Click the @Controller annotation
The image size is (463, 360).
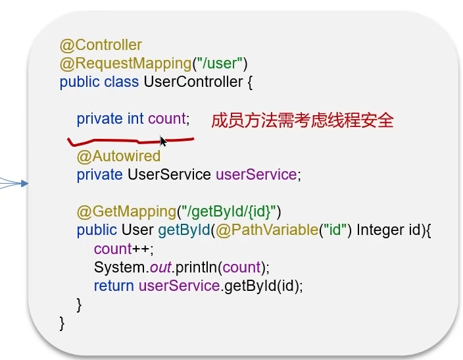[101, 45]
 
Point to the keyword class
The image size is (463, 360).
[121, 82]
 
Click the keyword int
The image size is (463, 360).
[135, 119]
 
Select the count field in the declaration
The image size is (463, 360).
[167, 119]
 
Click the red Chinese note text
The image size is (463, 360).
[302, 120]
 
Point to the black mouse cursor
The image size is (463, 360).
[163, 141]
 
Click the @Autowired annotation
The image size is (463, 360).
[118, 157]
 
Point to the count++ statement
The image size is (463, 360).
[123, 249]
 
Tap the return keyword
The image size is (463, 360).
[114, 286]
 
